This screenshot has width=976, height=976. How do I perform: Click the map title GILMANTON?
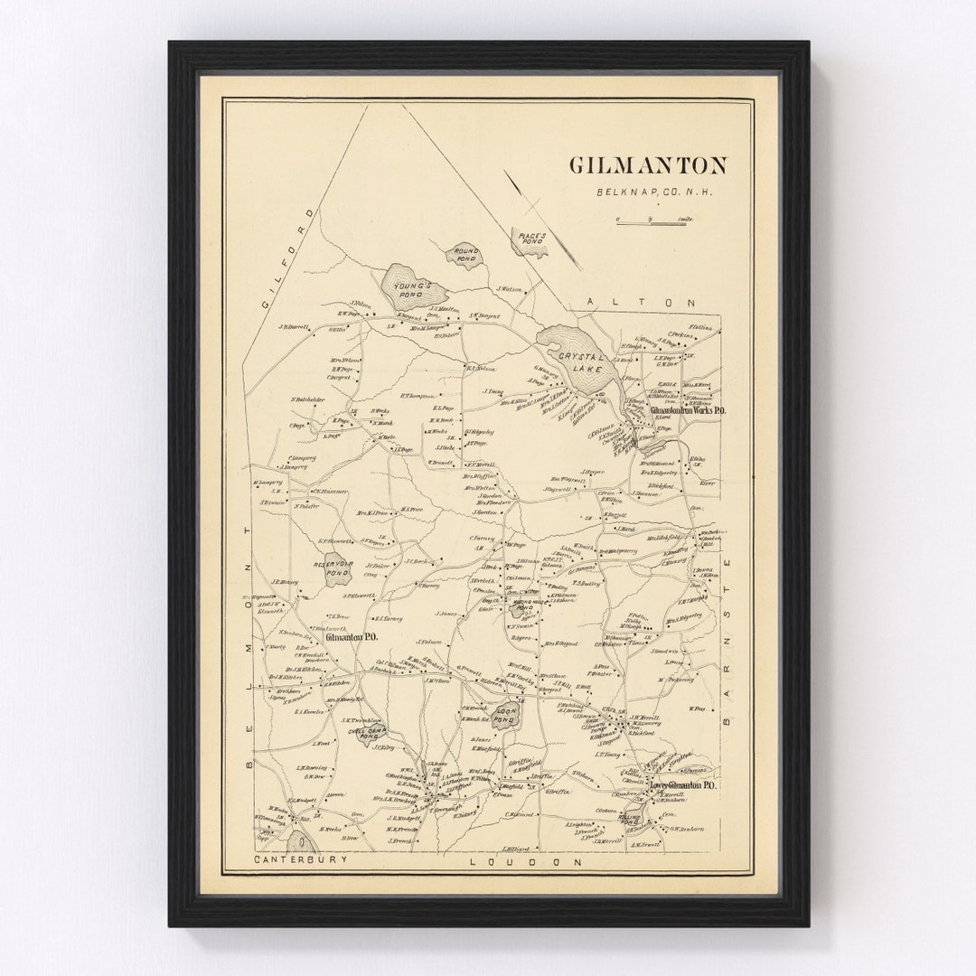click(x=647, y=165)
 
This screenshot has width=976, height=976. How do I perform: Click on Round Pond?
click(x=466, y=254)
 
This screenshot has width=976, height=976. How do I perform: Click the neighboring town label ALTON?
click(x=641, y=304)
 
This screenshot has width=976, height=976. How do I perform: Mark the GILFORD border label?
click(x=287, y=258)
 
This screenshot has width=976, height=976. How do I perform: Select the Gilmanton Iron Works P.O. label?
click(x=688, y=409)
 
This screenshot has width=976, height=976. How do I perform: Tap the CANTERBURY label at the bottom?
click(x=300, y=859)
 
